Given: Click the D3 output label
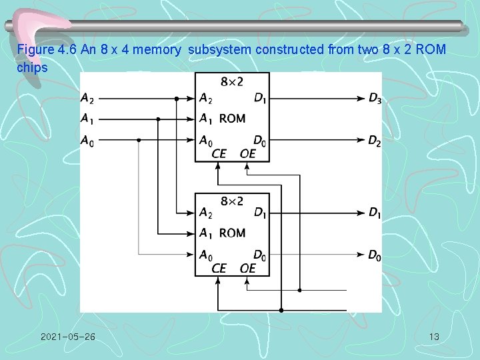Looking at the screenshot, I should point(375,99).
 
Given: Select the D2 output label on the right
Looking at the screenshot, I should point(375,141).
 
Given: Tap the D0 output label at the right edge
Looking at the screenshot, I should point(375,255).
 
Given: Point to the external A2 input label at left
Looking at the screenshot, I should point(87,99).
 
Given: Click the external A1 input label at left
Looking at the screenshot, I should point(87,119).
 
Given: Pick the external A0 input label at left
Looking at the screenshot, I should point(87,141).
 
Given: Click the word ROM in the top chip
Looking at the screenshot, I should point(232,119).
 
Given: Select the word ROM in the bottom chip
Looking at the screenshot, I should point(232,233).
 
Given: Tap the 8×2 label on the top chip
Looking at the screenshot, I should point(232,81).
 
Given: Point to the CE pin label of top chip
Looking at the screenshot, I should point(219,154).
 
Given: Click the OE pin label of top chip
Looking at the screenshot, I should point(247,154).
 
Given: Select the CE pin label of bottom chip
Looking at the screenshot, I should point(219,268).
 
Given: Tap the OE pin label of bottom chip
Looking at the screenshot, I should point(247,268).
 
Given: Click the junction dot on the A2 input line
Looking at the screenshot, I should point(177,99).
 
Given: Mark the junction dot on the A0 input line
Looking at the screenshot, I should point(138,141).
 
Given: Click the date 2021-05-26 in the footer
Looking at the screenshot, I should point(67,337).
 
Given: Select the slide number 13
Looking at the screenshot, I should point(434,337).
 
